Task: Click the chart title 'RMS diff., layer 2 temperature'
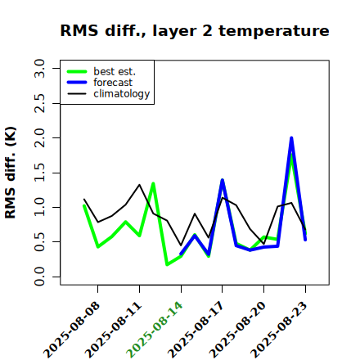[195, 31]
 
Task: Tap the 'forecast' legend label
[113, 83]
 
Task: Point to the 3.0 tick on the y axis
[39, 68]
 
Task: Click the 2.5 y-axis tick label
[39, 103]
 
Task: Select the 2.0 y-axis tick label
[39, 138]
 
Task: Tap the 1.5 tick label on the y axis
[39, 173]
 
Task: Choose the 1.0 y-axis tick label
[39, 207]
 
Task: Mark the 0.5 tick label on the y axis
[39, 242]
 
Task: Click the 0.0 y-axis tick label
[39, 277]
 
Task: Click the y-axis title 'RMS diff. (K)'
[11, 173]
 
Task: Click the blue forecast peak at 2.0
[291, 137]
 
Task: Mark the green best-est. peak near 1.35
[153, 183]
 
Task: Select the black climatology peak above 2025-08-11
[139, 185]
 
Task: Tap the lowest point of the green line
[167, 264]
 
